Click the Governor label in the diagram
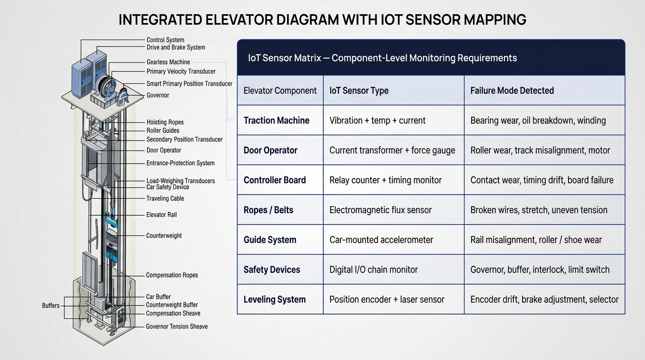point(158,95)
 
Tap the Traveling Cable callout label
point(165,198)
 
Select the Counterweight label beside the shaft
point(164,236)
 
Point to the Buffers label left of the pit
point(51,306)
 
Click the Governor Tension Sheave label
point(177,327)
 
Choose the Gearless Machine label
point(168,62)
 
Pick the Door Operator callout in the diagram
point(164,150)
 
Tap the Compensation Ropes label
point(172,275)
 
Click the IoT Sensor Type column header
point(359,91)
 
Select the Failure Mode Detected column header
point(512,91)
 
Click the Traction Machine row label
point(277,120)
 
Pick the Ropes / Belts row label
point(269,210)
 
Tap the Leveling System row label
point(274,300)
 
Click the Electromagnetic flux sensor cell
point(380,210)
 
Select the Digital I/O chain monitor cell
point(374,270)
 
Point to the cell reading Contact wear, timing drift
point(542,180)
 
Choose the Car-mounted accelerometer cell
point(381,240)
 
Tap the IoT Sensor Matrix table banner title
point(382,58)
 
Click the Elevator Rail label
point(161,215)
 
